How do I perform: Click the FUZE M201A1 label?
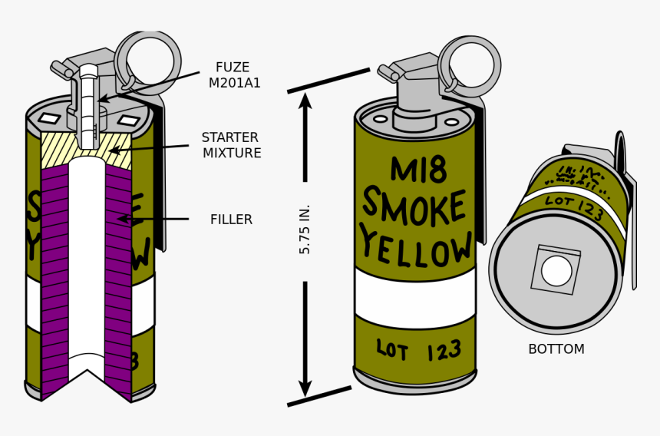tap(234, 75)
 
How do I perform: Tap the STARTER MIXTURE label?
tap(231, 145)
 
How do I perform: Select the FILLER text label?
tap(231, 220)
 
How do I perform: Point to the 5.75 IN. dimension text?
tap(305, 229)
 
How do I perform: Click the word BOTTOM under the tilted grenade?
tap(556, 349)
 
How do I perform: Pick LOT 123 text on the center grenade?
tap(418, 352)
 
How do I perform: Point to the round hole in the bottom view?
tap(556, 271)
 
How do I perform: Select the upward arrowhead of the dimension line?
tap(305, 101)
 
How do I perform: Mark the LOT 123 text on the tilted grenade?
tap(573, 207)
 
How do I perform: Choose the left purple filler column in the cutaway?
tap(54, 276)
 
